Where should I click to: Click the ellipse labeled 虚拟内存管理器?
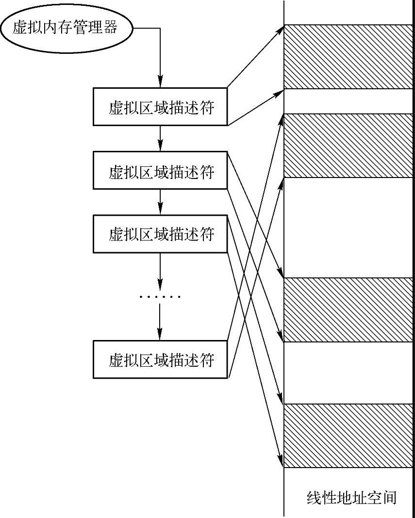coord(65,28)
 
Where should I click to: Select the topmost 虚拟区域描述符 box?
coord(160,107)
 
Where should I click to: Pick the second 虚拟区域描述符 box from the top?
coord(160,170)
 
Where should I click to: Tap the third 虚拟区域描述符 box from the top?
coord(160,234)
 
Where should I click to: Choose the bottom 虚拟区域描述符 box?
coord(160,359)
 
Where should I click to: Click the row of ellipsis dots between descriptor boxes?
coord(160,296)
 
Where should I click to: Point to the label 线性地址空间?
coord(351,498)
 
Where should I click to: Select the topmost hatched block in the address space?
coord(348,57)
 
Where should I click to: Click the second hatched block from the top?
coord(348,146)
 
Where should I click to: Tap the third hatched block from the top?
coord(348,310)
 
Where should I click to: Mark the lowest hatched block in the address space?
coord(348,436)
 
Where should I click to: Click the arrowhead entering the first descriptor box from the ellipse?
coord(160,83)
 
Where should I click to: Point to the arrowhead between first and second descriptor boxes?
coord(160,147)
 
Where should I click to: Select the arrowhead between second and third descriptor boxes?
coord(160,210)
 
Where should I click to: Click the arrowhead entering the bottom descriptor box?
coord(160,336)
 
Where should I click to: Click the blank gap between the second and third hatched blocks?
coord(348,227)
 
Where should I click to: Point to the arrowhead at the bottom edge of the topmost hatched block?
coord(280,92)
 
